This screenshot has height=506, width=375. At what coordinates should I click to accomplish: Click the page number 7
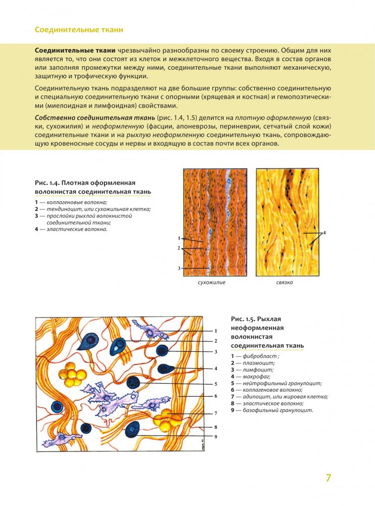tap(328, 478)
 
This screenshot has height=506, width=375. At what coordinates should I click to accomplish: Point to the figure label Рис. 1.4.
tap(50, 182)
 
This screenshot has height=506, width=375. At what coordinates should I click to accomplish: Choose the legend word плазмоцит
tap(258, 363)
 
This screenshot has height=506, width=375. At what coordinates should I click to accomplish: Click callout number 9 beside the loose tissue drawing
tap(215, 437)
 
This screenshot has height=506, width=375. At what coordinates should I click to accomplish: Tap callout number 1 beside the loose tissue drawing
tap(215, 331)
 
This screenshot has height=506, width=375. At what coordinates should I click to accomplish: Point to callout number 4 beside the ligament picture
tap(324, 233)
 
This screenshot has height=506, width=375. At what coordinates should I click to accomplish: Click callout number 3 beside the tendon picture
tap(179, 268)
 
